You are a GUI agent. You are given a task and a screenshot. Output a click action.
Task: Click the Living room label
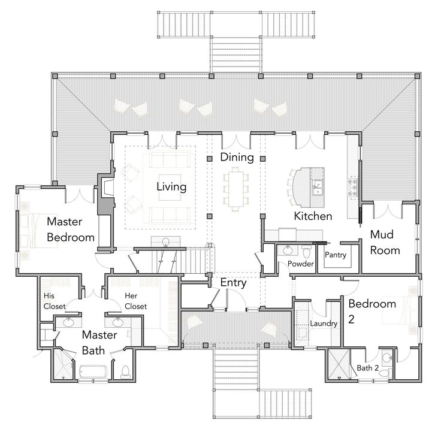tap(171, 186)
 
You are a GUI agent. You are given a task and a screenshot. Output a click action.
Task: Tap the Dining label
tap(237, 157)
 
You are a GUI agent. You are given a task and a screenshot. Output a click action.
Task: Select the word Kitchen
tap(312, 216)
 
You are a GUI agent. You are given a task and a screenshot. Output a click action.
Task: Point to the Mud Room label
tap(385, 241)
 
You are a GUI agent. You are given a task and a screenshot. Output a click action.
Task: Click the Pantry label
tap(335, 255)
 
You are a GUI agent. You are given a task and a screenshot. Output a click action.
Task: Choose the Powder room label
tap(301, 264)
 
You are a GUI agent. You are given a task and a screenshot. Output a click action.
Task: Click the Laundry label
tap(324, 324)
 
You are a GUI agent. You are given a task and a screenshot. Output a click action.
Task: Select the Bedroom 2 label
tap(372, 311)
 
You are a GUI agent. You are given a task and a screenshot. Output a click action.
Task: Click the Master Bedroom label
tap(70, 229)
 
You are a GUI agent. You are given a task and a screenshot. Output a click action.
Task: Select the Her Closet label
tap(135, 301)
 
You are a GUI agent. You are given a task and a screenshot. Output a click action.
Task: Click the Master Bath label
tap(99, 342)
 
